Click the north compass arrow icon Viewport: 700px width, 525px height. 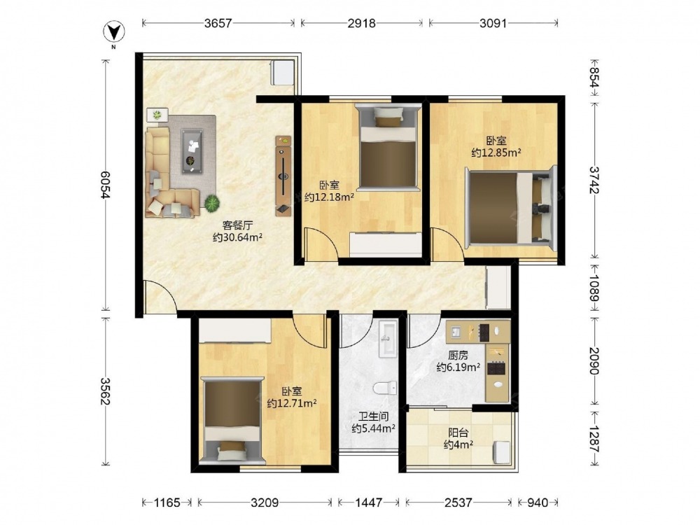[114, 32]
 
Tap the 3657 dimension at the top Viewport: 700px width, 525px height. [218, 23]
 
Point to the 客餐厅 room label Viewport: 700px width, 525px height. [237, 225]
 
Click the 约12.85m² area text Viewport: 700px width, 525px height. [496, 153]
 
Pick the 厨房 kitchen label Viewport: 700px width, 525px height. [458, 356]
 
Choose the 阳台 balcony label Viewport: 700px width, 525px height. [458, 433]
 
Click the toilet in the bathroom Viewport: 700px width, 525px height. [385, 388]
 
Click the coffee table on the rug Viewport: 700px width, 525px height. [192, 151]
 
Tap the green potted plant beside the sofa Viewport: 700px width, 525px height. [211, 203]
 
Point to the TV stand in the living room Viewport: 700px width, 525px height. [283, 176]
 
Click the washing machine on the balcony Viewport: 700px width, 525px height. [501, 451]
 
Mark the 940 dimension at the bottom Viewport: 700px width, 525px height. [538, 503]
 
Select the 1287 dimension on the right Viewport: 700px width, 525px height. [594, 440]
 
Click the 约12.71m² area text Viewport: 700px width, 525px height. [292, 404]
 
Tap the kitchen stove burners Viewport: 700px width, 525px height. [496, 368]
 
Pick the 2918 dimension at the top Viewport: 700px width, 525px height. [362, 23]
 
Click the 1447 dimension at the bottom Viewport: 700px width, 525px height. [369, 503]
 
